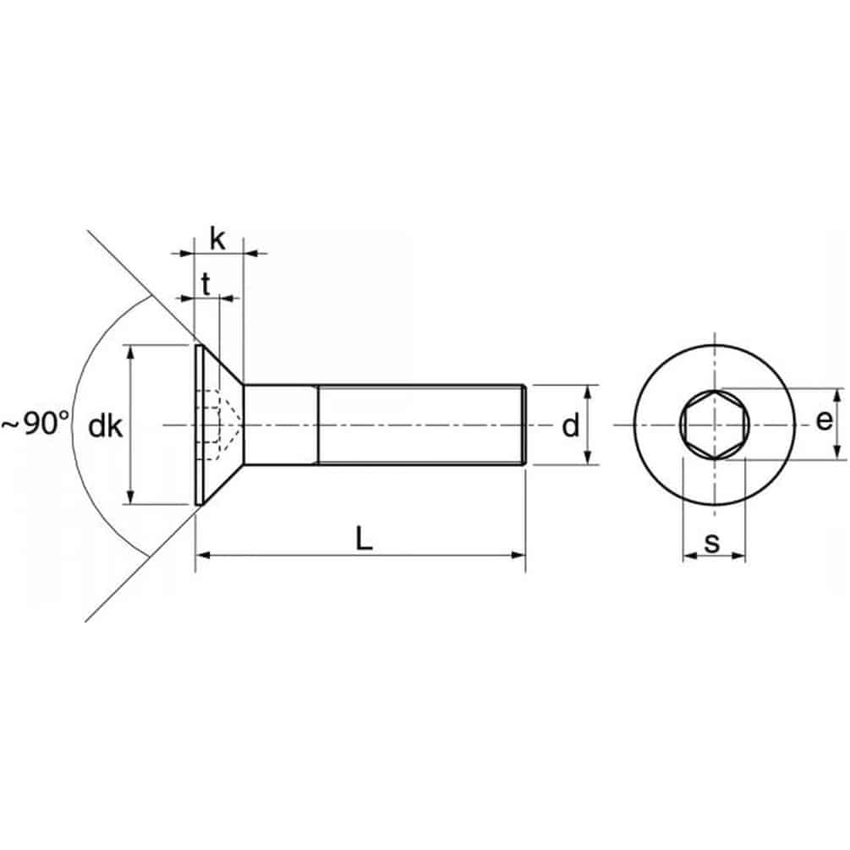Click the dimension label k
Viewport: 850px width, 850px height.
[217, 239]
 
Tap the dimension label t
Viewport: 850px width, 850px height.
[206, 284]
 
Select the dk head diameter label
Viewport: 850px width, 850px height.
[105, 426]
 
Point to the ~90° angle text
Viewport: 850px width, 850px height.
[36, 424]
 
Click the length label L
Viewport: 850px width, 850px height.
[365, 540]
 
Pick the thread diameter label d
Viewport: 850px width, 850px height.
[570, 425]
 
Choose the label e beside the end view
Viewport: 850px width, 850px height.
[824, 420]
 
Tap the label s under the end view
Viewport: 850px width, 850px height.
[712, 543]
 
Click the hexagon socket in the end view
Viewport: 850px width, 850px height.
[715, 425]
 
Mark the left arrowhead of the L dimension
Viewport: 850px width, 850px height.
[202, 555]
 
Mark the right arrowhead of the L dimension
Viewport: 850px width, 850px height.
[518, 555]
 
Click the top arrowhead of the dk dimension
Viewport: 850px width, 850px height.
[130, 352]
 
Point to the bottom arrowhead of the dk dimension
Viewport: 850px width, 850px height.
[130, 497]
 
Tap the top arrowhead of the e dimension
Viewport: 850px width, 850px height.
[838, 396]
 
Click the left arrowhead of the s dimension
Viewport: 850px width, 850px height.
[690, 555]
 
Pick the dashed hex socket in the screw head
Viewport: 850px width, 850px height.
[219, 425]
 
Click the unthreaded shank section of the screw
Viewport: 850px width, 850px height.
[281, 425]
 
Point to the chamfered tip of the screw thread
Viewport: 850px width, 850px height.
[524, 425]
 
